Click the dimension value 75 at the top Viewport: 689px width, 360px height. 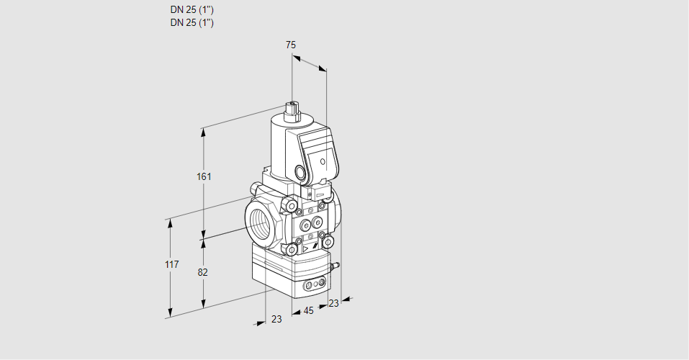click(291, 45)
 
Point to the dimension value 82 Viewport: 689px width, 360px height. click(203, 272)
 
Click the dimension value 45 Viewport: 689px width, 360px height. click(308, 311)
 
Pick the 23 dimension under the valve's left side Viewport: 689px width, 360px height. click(276, 319)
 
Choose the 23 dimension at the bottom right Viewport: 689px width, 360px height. click(333, 304)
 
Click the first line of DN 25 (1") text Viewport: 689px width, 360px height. click(192, 10)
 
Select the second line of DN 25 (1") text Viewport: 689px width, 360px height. click(192, 22)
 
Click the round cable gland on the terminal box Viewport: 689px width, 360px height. click(300, 172)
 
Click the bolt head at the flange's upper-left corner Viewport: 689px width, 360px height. click(292, 207)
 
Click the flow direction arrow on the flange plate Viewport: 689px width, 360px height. click(305, 247)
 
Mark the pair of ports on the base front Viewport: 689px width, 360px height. click(313, 286)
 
